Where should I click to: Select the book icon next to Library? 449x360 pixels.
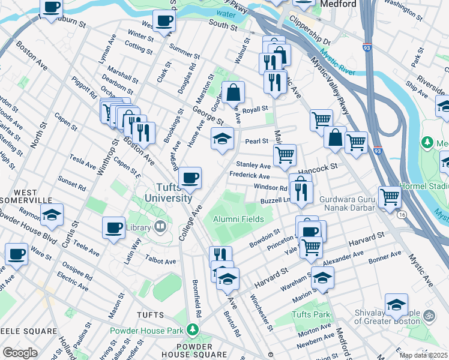click(x=160, y=227)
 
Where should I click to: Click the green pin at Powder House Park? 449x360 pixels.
click(x=192, y=329)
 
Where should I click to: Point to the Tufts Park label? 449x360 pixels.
click(x=311, y=314)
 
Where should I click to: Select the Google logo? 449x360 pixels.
click(x=20, y=352)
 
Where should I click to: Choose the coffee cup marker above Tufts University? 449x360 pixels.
click(x=190, y=177)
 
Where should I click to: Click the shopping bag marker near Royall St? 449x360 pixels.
click(x=234, y=92)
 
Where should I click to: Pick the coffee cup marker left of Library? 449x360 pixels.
click(x=113, y=227)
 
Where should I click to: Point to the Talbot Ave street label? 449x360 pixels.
click(x=161, y=262)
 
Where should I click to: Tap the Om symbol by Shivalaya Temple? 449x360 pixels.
click(x=429, y=314)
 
